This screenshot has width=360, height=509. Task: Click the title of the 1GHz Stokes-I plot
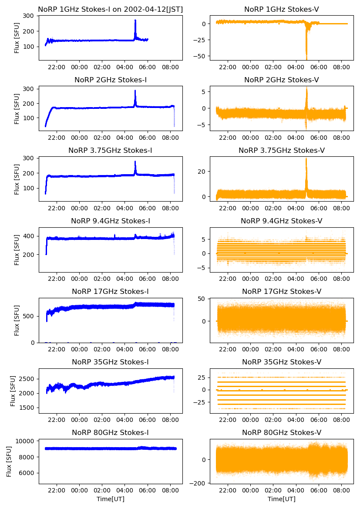tap(110, 9)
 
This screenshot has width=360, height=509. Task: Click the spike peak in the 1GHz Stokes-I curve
tap(135, 20)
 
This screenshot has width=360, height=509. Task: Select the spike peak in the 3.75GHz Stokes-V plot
tap(306, 159)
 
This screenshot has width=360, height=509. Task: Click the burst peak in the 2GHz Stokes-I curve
tap(135, 91)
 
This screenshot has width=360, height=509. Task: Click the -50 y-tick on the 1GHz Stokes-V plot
tap(203, 56)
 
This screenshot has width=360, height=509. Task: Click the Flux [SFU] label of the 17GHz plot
tap(17, 320)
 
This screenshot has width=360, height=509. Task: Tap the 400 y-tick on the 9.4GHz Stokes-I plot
tap(29, 236)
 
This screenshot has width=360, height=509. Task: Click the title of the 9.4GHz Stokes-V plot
tap(281, 221)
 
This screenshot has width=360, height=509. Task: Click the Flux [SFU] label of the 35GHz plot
tap(13, 391)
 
